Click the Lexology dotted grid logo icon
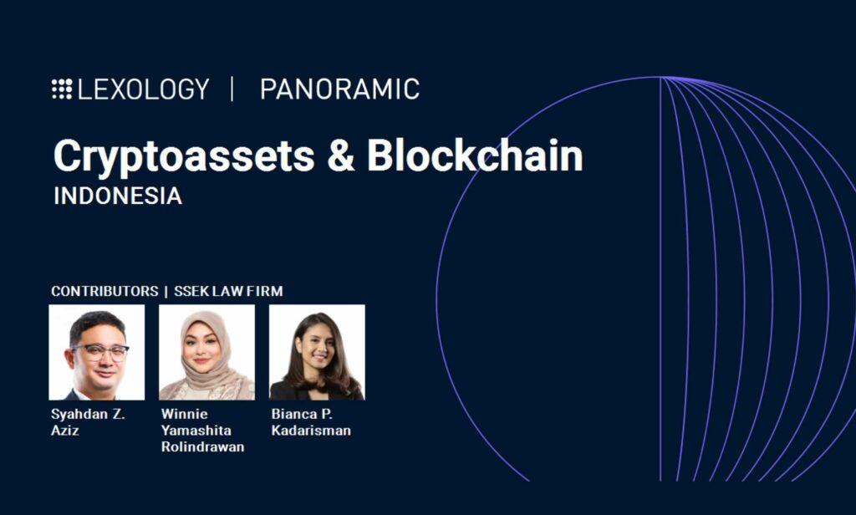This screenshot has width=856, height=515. point(62,89)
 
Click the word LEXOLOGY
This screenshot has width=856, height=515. point(144,89)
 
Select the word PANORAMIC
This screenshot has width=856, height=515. point(339,89)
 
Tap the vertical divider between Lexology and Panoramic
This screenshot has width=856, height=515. point(232,89)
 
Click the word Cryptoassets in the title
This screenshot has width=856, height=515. point(184,156)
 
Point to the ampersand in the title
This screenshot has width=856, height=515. point(341,156)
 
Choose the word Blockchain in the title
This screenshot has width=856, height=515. point(475,156)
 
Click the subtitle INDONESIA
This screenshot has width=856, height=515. point(118,196)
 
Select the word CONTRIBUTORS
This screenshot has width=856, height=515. point(104,291)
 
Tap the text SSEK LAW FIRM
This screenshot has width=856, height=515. point(228,291)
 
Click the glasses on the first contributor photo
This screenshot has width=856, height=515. point(100,352)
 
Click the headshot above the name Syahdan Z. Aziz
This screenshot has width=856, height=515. point(97,352)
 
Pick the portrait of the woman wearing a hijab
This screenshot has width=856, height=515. point(207,352)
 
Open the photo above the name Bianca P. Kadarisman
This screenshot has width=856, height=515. point(317,352)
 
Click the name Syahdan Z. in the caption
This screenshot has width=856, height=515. point(88,415)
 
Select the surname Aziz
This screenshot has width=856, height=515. point(65,431)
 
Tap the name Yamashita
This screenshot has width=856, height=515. point(196,431)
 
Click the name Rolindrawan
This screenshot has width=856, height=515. point(202,446)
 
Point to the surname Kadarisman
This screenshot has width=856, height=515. point(311,431)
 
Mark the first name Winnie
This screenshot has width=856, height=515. point(184,414)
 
